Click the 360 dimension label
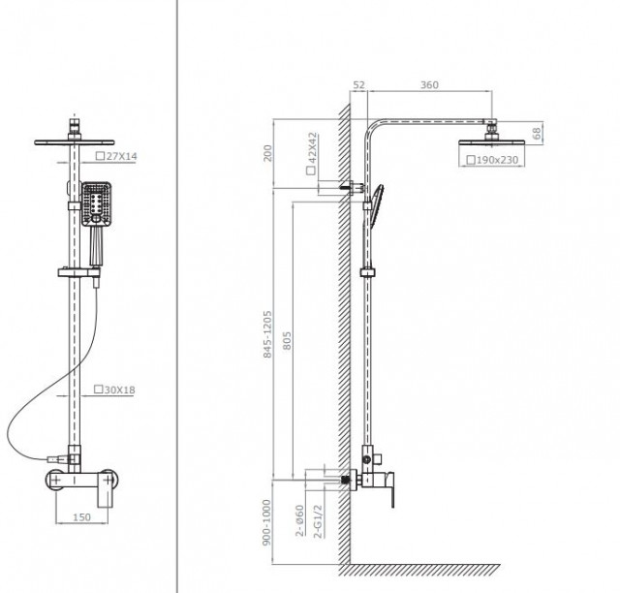tap(429, 84)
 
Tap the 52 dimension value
tap(358, 84)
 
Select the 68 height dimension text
tap(537, 134)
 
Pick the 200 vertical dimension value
tap(267, 153)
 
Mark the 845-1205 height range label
tap(267, 334)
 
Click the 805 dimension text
tap(287, 341)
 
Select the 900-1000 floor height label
tap(267, 522)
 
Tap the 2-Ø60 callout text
tap(300, 520)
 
